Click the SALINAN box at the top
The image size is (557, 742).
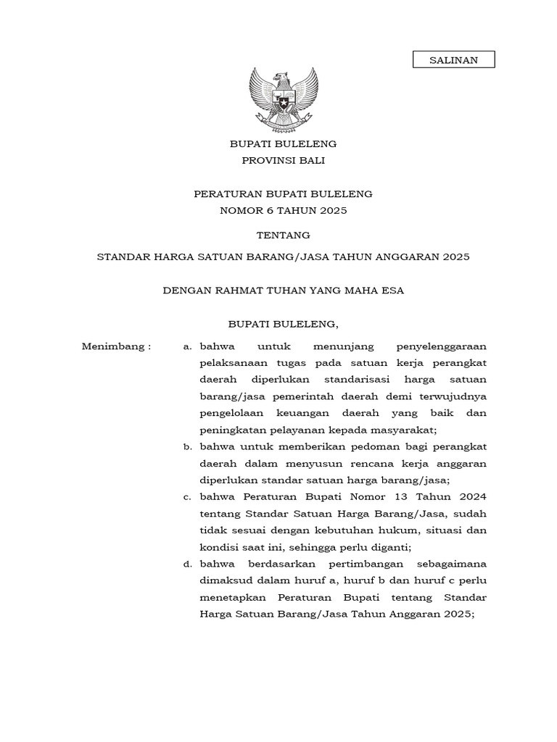pyautogui.click(x=453, y=59)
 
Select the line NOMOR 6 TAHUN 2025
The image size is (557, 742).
pyautogui.click(x=284, y=210)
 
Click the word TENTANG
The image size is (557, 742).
pyautogui.click(x=284, y=235)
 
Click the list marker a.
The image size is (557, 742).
pyautogui.click(x=187, y=346)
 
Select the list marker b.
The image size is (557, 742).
pyautogui.click(x=187, y=446)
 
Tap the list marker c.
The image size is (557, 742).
pyautogui.click(x=187, y=496)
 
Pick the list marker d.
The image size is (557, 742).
pyautogui.click(x=187, y=564)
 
